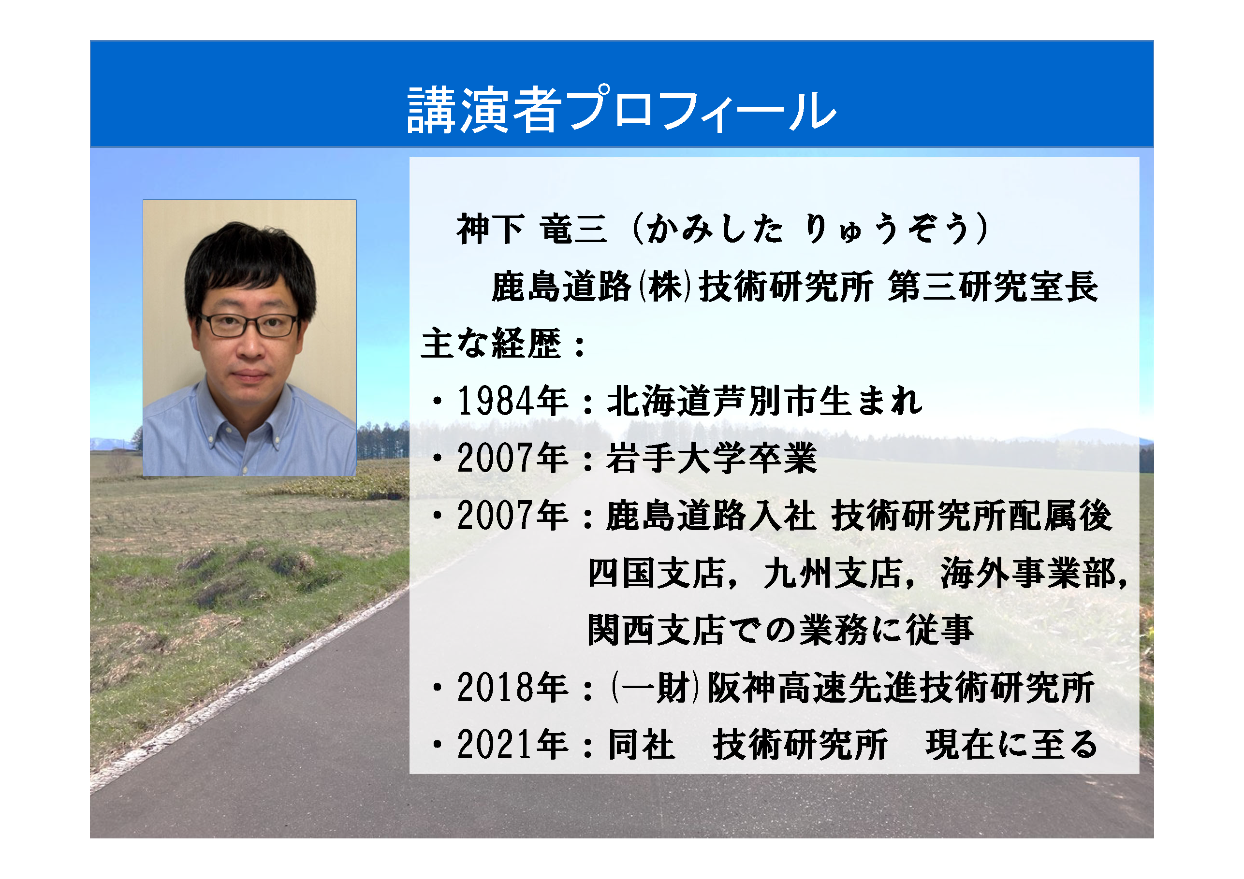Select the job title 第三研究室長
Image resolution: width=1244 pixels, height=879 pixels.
click(993, 287)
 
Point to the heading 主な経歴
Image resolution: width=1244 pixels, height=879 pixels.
click(492, 344)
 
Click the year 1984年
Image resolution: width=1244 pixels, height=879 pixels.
click(512, 401)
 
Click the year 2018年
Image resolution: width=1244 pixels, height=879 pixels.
click(512, 688)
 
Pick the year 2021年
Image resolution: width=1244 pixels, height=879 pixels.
click(512, 745)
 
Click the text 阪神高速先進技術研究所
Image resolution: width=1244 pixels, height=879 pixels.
click(901, 688)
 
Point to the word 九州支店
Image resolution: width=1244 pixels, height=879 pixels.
click(833, 573)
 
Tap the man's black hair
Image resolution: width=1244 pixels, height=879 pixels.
click(250, 260)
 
